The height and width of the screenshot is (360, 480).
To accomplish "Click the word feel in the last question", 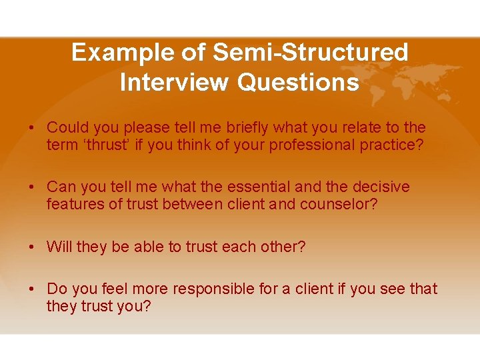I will (114, 289).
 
